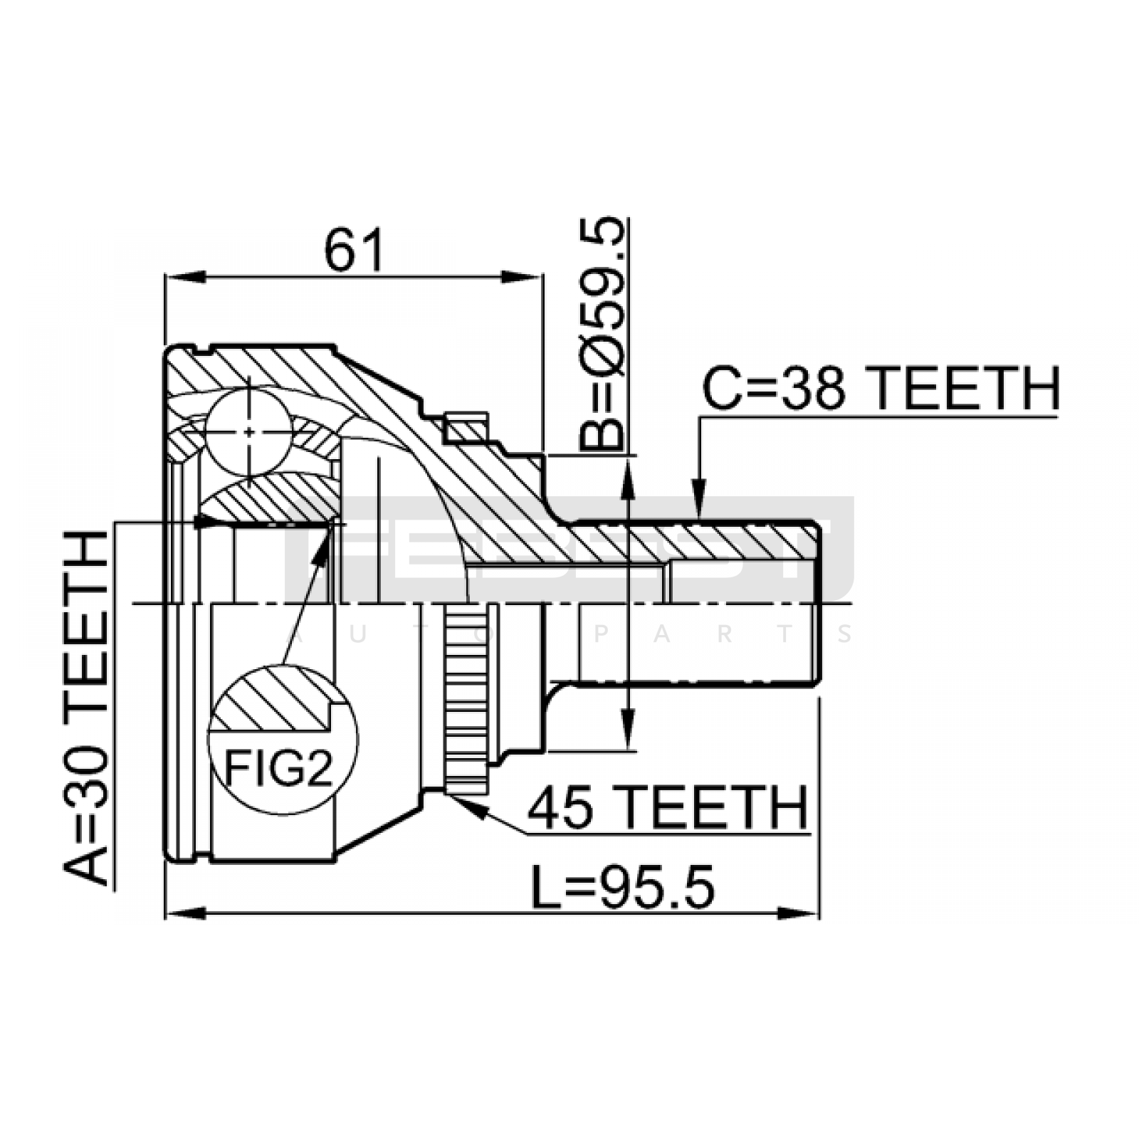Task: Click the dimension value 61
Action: [x=354, y=251]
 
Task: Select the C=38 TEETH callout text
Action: [x=881, y=389]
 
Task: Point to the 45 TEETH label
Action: [x=668, y=807]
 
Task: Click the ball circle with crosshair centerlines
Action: [x=249, y=431]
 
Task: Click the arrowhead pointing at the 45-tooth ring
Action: [x=470, y=807]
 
